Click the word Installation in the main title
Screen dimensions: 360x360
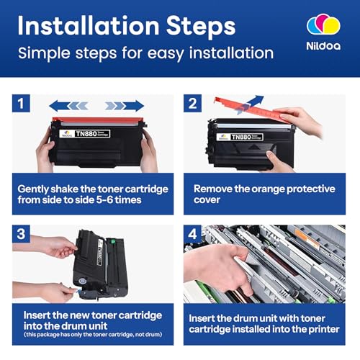pos(89,25)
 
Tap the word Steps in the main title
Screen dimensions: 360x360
pos(201,26)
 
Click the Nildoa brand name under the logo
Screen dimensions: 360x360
pos(323,46)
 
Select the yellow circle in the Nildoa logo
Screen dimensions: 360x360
pos(332,25)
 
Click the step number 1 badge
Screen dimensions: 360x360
pos(21,103)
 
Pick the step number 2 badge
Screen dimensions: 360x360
pos(192,103)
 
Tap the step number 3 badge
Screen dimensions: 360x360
pos(21,234)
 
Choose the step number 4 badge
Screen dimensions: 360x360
pos(192,234)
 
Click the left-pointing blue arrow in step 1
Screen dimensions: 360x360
pos(68,106)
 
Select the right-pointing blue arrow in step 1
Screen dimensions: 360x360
pos(125,106)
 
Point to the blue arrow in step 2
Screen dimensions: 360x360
pos(250,104)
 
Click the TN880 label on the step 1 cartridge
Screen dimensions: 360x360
pos(92,134)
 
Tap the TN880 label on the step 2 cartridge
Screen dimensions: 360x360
pos(247,137)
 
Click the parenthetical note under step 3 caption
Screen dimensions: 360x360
pos(93,334)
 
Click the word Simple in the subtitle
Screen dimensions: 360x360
pos(45,53)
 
